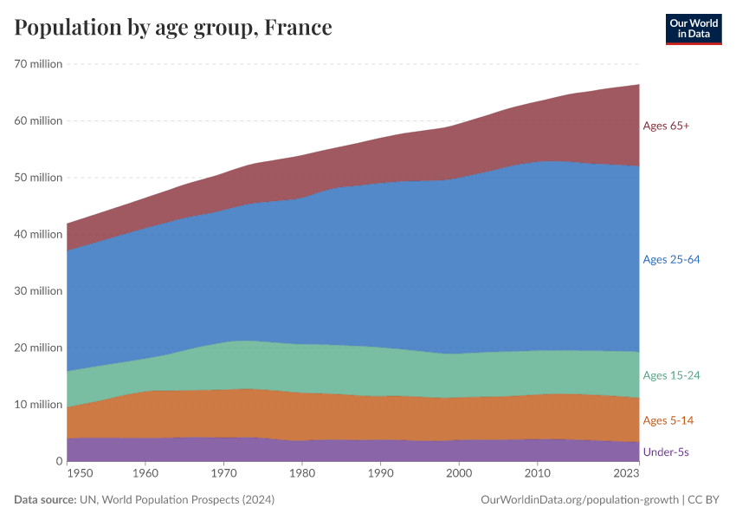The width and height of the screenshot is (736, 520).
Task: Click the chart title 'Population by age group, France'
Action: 173,28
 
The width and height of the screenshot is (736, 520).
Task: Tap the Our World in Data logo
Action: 693,29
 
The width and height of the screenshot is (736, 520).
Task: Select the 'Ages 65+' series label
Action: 666,126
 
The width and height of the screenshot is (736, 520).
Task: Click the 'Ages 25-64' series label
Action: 671,260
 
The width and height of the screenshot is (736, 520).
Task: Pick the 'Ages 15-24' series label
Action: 671,375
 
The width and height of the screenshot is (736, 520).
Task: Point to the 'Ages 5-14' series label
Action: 668,420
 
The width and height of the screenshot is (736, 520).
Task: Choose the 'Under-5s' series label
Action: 666,452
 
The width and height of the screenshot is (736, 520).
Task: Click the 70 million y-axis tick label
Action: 38,64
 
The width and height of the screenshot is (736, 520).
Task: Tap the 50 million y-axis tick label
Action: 38,178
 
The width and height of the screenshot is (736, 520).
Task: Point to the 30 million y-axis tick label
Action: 38,291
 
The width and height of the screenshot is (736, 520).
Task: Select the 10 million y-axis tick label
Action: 38,405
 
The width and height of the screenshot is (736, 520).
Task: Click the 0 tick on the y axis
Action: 58,461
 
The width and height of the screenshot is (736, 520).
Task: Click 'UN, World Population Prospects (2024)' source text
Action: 178,500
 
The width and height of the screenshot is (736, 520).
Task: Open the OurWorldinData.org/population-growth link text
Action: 578,500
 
